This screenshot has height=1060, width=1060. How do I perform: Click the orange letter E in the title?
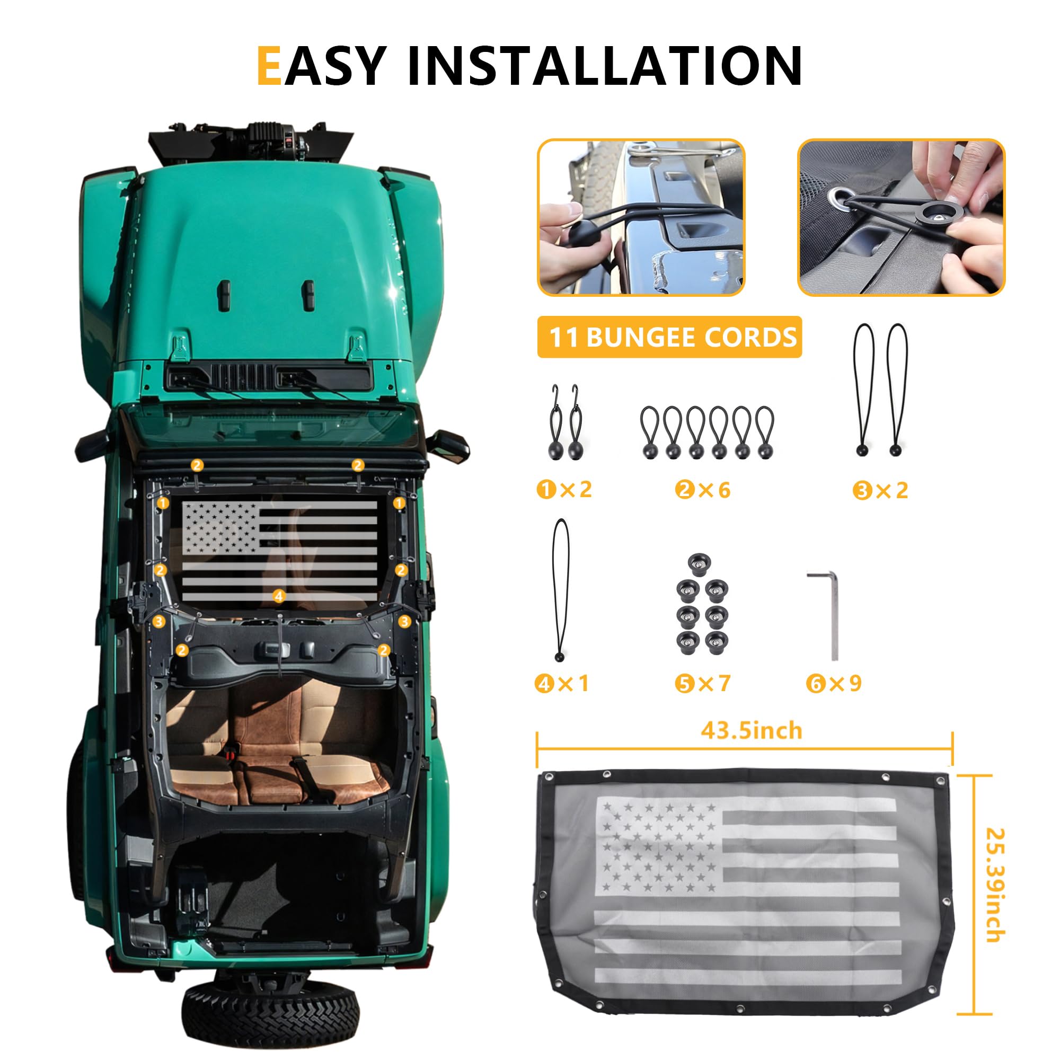point(269,66)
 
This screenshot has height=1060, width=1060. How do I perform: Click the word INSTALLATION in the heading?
point(605,66)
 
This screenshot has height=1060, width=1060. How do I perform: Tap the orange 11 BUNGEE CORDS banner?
point(669,337)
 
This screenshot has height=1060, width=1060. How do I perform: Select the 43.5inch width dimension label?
point(751,731)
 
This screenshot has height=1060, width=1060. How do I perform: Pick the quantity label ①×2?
point(564,489)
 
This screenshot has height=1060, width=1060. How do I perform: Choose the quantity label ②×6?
point(703,489)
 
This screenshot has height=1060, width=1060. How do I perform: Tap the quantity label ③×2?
point(880,490)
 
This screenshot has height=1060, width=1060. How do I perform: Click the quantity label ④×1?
point(562,684)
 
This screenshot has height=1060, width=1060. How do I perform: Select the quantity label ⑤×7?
point(702,684)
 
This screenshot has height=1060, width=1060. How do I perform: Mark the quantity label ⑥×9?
point(834,684)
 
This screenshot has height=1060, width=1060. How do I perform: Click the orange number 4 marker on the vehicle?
point(279,596)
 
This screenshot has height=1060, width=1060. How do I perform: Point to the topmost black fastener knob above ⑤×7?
point(699,564)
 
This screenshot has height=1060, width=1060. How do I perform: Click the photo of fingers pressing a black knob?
point(901,217)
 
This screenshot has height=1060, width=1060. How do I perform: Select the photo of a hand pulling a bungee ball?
point(641,217)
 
